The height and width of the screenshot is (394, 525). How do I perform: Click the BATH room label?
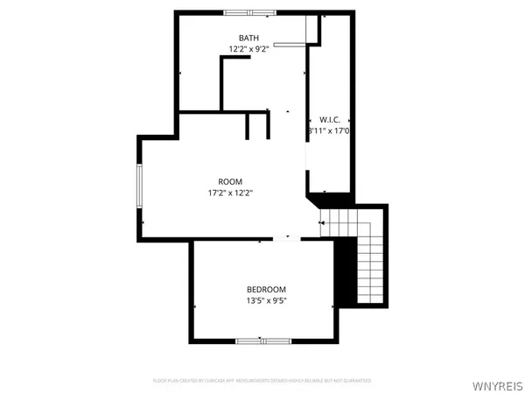248,38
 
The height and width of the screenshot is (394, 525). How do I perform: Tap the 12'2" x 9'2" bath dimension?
248,49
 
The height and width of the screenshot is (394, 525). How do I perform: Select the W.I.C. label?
329,119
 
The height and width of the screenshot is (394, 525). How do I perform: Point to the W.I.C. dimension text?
329,130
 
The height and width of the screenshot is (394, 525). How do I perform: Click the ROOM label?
230,181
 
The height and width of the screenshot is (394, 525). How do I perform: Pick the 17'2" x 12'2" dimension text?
230,193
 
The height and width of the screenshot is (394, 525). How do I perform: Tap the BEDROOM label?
265,290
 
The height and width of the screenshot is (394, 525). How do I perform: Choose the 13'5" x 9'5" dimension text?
265,301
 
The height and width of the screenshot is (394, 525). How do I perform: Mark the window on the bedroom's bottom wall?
262,340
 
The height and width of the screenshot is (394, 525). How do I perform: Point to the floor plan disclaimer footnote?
262,381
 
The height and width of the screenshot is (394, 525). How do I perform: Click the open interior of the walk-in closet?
331,162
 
